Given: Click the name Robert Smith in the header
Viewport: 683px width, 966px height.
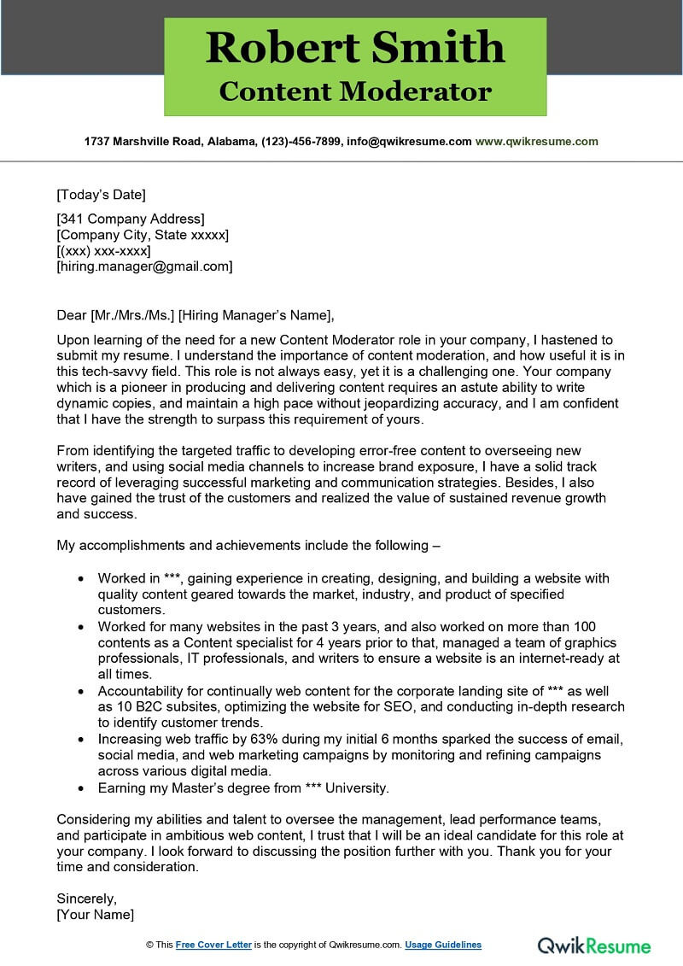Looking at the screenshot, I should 355,47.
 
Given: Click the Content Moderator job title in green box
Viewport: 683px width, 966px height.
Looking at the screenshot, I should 355,91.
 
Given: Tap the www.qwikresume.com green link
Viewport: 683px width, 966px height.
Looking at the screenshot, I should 536,142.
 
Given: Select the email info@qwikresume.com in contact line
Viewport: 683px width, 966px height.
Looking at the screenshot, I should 409,142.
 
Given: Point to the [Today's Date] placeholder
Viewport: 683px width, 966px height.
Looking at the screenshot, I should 101,194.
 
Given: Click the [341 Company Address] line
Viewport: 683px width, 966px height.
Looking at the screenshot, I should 130,219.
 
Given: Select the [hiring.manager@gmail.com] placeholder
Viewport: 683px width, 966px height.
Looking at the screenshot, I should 144,266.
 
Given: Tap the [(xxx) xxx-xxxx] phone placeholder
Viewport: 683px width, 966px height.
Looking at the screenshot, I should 103,251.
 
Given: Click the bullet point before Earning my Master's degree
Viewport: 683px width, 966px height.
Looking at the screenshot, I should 80,788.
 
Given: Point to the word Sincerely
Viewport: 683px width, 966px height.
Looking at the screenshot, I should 86,899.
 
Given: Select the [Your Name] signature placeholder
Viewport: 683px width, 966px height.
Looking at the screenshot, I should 95,914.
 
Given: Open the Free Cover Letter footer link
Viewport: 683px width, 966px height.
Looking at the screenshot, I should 213,945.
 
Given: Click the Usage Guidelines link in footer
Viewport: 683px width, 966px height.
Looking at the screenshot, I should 443,945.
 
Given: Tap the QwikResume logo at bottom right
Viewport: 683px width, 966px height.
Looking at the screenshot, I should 593,945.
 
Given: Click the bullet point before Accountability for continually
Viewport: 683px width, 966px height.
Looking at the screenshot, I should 80,691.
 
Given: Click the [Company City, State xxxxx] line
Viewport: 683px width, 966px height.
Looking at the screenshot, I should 143,235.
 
